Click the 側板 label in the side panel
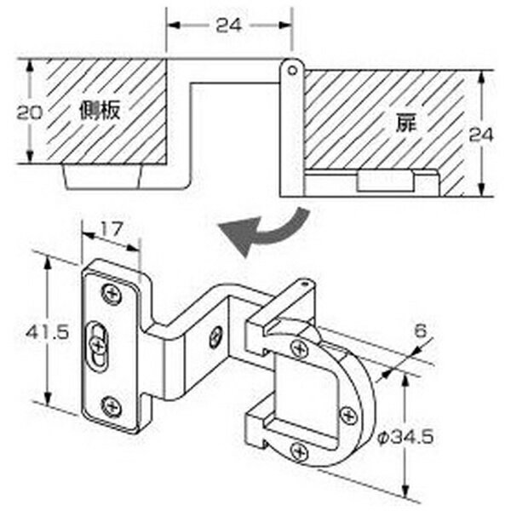[100, 111]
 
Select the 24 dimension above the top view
[229, 26]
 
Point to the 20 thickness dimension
[30, 112]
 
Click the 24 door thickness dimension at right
[480, 135]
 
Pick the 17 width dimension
[111, 229]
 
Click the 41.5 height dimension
[48, 333]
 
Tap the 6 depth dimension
[421, 331]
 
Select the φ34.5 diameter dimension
[405, 437]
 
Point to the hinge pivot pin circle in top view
[292, 71]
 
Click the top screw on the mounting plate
[112, 295]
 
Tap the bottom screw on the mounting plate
[112, 407]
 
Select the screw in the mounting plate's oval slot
[97, 345]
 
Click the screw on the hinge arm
[215, 337]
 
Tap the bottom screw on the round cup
[299, 451]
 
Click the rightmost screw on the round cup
[349, 416]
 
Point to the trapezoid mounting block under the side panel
[104, 176]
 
